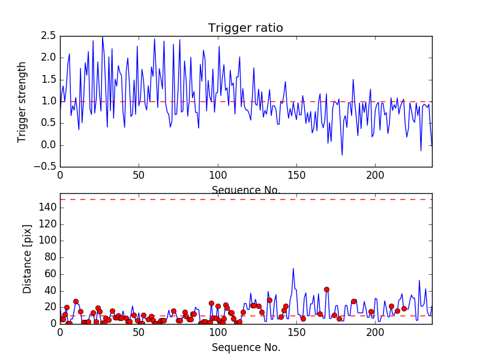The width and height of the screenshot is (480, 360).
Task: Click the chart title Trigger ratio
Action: tap(245, 28)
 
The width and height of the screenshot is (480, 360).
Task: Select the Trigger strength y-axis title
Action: tap(22, 101)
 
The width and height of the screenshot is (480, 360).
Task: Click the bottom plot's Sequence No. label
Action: tap(245, 347)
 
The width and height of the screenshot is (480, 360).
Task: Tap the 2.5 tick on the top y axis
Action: tap(48, 36)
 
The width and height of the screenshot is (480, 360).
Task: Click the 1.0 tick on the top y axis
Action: tap(48, 101)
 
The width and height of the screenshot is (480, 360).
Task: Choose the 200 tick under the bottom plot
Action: tap(375, 331)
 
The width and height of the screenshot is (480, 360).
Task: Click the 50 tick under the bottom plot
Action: tap(139, 331)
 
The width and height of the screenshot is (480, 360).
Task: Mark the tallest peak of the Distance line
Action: tap(293, 268)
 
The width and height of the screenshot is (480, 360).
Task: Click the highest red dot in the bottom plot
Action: tap(326, 289)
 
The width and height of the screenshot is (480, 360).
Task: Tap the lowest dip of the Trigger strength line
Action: tap(342, 155)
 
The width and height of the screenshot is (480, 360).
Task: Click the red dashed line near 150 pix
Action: tap(245, 199)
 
